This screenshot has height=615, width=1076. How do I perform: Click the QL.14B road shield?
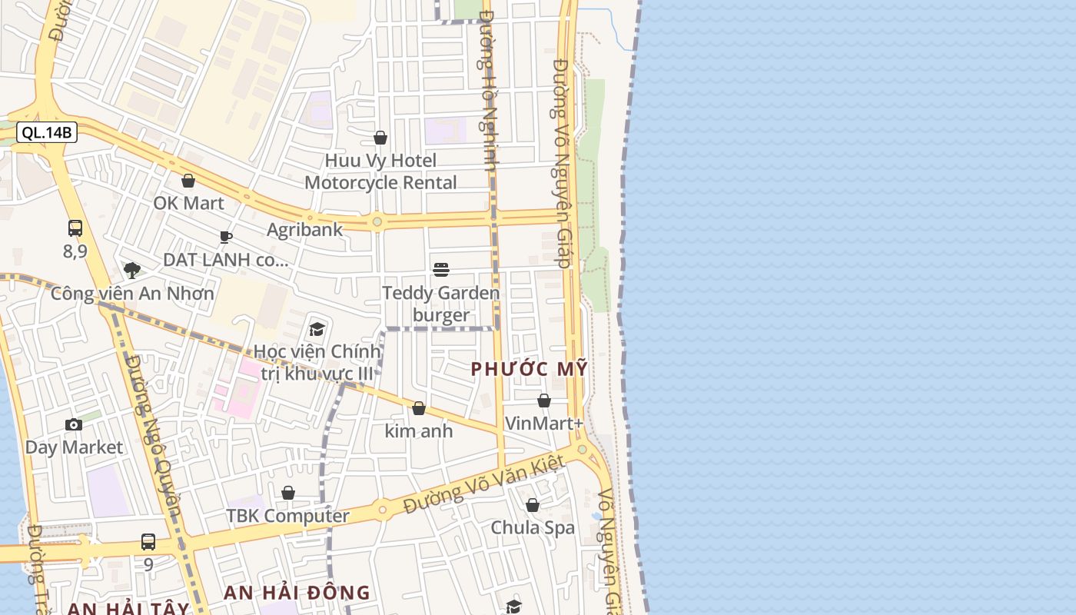click(x=46, y=132)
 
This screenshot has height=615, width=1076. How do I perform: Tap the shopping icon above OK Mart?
click(x=188, y=181)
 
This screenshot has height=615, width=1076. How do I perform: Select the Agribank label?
click(x=304, y=229)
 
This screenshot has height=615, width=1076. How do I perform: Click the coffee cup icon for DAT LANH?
click(x=225, y=237)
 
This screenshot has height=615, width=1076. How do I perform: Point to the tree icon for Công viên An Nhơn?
click(x=132, y=270)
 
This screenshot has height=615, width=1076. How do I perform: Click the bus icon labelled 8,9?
click(x=75, y=228)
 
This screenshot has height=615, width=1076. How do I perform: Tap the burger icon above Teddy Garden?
click(x=441, y=270)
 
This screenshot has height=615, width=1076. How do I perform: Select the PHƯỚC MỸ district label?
click(x=529, y=369)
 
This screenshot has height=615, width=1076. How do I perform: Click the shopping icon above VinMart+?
click(x=544, y=401)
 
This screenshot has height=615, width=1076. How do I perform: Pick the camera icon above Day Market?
click(x=74, y=424)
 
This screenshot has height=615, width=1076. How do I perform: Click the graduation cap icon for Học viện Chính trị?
click(x=317, y=330)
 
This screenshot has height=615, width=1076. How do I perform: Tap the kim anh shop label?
click(x=419, y=430)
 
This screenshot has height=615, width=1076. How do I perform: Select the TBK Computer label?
click(x=287, y=515)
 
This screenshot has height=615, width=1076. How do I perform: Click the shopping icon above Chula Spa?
click(x=533, y=505)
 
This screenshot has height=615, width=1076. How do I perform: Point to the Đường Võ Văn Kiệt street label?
click(x=484, y=484)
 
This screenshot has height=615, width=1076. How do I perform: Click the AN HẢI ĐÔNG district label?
click(x=297, y=593)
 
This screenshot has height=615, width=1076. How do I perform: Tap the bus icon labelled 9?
click(x=148, y=542)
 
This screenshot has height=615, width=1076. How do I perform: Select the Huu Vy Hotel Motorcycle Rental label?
click(x=380, y=171)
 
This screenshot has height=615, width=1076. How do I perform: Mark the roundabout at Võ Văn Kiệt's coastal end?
click(x=582, y=449)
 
